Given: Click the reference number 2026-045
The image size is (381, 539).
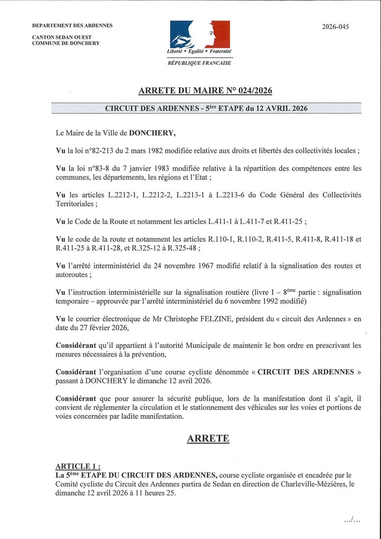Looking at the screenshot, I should [x=335, y=26].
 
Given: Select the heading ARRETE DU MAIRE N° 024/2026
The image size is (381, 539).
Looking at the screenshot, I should [x=205, y=91].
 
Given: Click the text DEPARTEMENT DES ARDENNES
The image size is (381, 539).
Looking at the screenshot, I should [x=72, y=25].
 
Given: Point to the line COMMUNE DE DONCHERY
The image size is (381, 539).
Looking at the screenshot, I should [x=66, y=43].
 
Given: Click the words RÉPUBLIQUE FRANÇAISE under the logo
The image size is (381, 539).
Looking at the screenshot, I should [x=199, y=62].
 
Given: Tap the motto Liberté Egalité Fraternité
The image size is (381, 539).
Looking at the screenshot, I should [x=199, y=52].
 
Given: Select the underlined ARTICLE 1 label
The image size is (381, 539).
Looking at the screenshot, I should [x=77, y=466].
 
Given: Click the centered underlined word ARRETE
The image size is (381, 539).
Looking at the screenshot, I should [x=208, y=438].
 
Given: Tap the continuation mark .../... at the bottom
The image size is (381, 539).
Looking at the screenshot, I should [x=352, y=520].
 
